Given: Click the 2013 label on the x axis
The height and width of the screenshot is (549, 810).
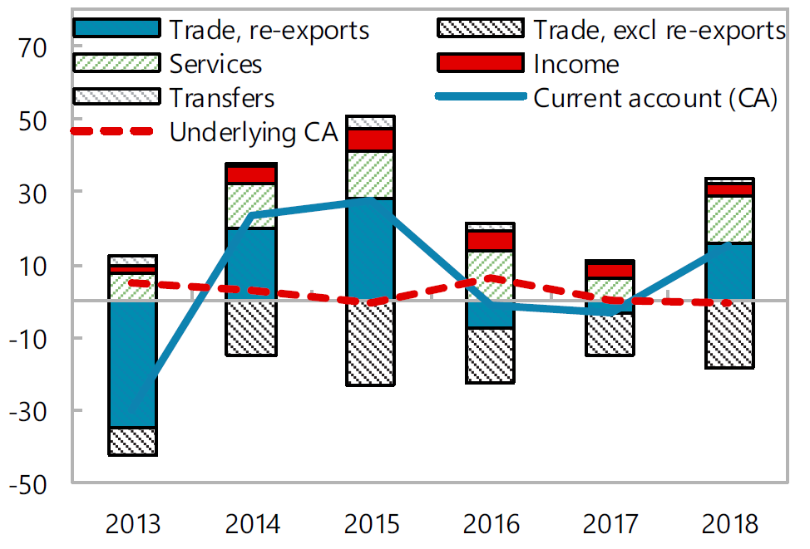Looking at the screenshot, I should pos(132,525).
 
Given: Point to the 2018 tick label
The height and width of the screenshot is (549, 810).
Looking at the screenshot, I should pos(729,525).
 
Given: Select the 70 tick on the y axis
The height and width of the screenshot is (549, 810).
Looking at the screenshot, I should pos(37,48).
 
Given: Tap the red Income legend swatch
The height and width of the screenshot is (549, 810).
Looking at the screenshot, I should pos(480,63).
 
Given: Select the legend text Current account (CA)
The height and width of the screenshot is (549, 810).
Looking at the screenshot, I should pos(654,98).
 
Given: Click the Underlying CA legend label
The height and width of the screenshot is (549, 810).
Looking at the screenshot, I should pos(253,132).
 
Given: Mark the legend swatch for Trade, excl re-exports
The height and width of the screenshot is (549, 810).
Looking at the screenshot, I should pos(480,28).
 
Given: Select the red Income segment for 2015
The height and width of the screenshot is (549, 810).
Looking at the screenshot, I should pos(371,140).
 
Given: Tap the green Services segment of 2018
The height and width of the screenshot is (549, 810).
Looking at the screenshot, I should pos(729,219).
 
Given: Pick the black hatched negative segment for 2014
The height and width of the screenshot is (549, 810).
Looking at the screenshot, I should pos(251,327).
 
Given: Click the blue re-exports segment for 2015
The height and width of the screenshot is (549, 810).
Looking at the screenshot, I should pos(371,248).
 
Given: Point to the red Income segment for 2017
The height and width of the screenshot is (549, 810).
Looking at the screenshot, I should pos(609,270).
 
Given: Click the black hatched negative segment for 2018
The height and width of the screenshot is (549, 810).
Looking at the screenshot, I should pos(729,334).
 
